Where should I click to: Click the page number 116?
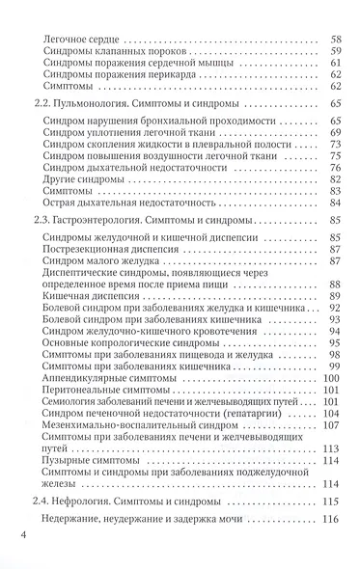(x=334, y=521)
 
